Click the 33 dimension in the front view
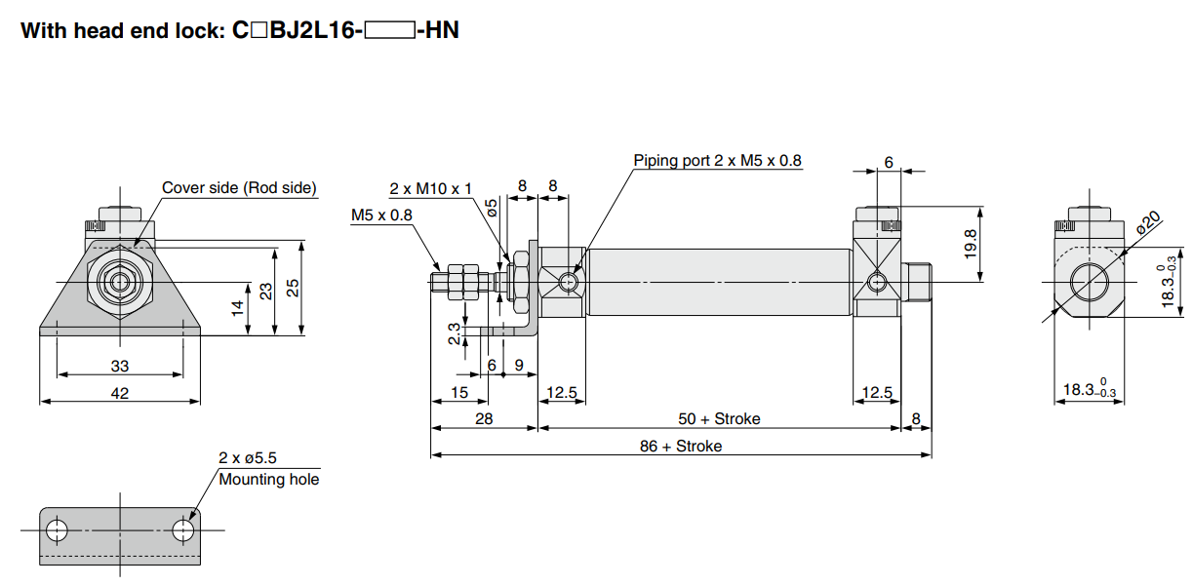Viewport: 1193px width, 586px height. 119,366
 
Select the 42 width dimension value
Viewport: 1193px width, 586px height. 119,393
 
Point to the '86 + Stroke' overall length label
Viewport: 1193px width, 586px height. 681,446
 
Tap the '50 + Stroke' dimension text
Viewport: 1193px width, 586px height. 719,418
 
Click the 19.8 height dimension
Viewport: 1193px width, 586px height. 970,245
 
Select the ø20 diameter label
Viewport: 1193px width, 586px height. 1148,222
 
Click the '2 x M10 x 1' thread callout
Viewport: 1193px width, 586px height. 430,188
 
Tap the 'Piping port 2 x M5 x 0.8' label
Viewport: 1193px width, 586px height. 717,160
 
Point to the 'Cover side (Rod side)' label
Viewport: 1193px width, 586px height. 239,187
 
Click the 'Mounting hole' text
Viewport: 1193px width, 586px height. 268,479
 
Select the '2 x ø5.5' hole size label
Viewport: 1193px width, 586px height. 248,457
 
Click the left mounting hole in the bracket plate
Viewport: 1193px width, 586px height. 58,530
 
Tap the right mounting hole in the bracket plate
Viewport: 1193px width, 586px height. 182,530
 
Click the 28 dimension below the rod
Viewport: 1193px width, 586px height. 483,418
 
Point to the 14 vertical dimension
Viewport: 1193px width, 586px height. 237,308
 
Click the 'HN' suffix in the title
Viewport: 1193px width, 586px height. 442,31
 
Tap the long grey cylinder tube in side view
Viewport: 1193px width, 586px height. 719,283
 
